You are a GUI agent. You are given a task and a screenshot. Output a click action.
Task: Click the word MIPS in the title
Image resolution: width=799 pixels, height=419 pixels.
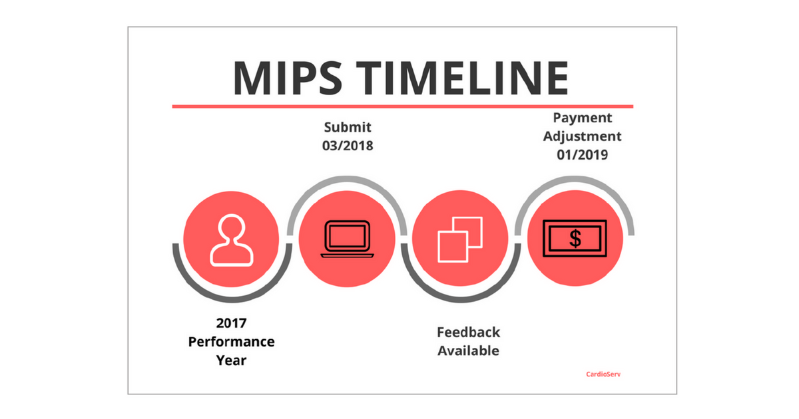click(x=288, y=78)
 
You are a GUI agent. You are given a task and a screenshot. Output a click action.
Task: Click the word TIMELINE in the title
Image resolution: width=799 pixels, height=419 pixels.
click(x=462, y=78)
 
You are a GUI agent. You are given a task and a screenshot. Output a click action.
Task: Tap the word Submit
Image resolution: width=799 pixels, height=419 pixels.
click(x=348, y=127)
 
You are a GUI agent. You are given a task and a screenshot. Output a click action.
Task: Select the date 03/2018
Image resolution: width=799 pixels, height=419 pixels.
click(x=348, y=146)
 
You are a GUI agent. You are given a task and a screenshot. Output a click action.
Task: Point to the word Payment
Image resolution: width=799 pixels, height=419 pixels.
click(x=582, y=118)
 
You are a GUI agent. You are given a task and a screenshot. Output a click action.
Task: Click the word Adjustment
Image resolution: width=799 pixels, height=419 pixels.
click(x=582, y=136)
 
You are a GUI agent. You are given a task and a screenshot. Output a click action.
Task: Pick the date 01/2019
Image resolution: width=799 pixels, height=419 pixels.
click(x=582, y=155)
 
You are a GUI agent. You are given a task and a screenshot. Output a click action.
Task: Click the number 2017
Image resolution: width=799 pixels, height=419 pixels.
click(x=231, y=323)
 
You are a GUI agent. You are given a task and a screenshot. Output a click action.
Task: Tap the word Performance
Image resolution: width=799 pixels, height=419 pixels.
click(x=231, y=342)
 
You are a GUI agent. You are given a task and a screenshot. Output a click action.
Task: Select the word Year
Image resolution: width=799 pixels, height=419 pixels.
click(x=231, y=360)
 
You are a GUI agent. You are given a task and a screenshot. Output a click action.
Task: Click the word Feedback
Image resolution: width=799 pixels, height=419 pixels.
click(x=468, y=333)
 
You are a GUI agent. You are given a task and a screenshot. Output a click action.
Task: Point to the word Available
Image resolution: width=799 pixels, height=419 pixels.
click(x=468, y=351)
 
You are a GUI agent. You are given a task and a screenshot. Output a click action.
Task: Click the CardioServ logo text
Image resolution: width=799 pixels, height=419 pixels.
click(x=603, y=374)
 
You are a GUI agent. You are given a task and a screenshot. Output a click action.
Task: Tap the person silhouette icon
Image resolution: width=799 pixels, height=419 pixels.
click(x=232, y=241)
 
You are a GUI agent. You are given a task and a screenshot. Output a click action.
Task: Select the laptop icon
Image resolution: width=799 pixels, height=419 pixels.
click(x=347, y=239)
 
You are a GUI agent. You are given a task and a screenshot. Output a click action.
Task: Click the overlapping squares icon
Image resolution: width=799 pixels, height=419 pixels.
click(x=460, y=239)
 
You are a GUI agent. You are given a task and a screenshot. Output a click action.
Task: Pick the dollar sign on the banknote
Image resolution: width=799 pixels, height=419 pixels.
click(x=575, y=238)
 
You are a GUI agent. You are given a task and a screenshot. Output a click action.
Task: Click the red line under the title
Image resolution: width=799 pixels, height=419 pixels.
click(x=403, y=106)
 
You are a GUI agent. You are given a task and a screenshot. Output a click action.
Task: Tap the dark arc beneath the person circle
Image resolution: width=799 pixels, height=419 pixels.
click(x=232, y=299)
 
